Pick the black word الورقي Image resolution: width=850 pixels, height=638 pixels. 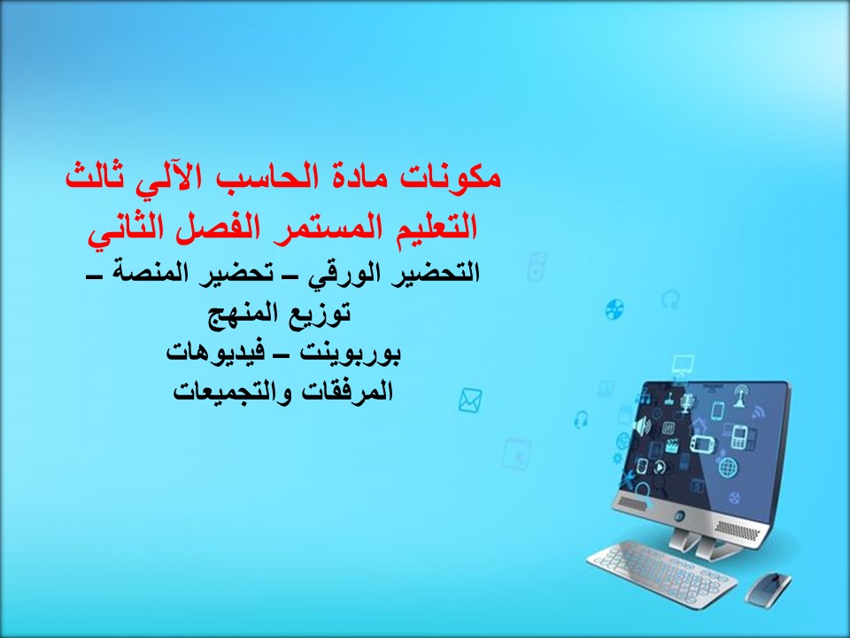[x=340, y=272]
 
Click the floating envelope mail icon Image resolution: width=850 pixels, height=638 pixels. [x=470, y=401]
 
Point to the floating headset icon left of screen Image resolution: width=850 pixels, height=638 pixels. [x=582, y=419]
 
